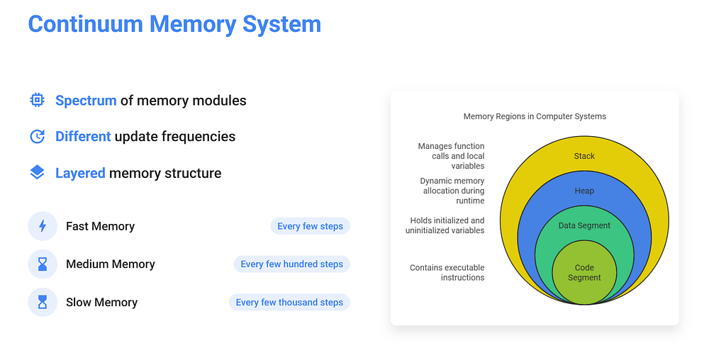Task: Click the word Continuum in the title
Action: coord(86,24)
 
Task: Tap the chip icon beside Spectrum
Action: coord(37,100)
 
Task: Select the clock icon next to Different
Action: coord(37,137)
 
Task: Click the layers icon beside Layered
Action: coord(37,173)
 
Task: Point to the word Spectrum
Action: coord(86,101)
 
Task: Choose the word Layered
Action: coord(80,173)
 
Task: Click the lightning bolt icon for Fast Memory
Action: coord(43,226)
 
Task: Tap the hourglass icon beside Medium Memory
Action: coord(43,264)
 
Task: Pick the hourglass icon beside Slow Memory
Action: coord(43,302)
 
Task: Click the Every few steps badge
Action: coord(311,226)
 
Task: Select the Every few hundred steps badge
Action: coord(291,264)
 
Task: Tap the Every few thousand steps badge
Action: coord(289,302)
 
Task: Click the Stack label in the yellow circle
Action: coord(584,156)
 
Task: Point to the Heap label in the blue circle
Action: coord(584,191)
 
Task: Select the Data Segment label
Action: coord(584,225)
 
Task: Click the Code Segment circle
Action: coord(584,273)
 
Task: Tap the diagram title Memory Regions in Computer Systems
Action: coord(535,117)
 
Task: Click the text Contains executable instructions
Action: coord(447,273)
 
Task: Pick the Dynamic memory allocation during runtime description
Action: coord(452,191)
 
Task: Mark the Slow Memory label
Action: coord(102,302)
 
